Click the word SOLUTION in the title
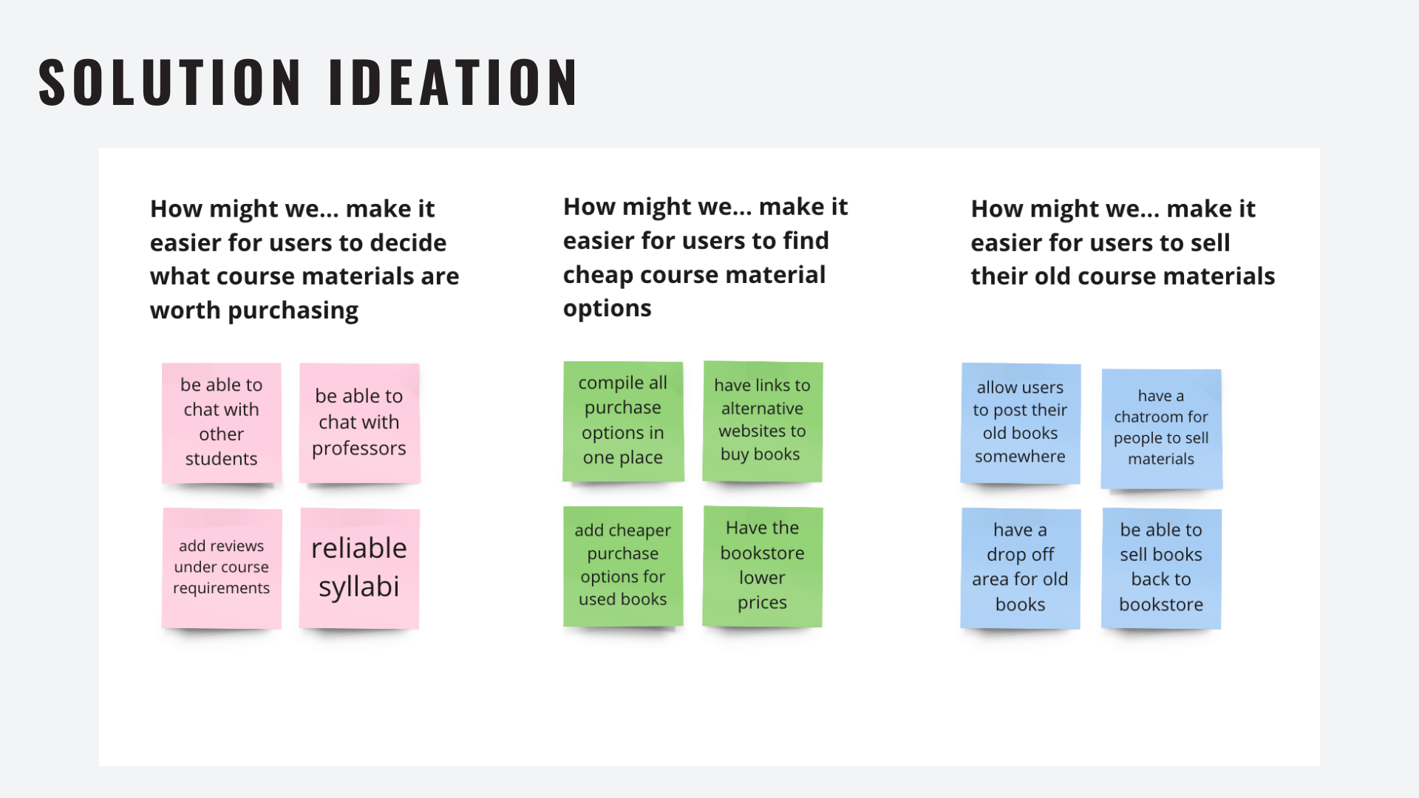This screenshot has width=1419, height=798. (170, 82)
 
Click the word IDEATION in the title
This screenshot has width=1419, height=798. (453, 82)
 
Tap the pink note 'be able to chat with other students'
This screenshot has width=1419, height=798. (222, 423)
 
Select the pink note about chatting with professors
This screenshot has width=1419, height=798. (359, 423)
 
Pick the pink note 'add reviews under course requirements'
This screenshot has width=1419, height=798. (222, 568)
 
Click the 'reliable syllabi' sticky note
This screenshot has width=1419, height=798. (359, 568)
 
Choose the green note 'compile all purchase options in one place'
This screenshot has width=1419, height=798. (623, 421)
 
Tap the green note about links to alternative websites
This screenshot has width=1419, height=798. (763, 421)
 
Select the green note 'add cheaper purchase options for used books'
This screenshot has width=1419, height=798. (623, 566)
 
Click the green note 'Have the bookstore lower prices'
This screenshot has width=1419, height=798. (763, 566)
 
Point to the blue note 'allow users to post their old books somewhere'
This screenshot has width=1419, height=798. (1021, 423)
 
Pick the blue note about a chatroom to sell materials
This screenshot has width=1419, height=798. (1161, 429)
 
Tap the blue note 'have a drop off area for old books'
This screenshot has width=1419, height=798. (1021, 568)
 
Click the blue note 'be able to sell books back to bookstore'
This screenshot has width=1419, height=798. (1161, 568)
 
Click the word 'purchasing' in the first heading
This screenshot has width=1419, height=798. (293, 311)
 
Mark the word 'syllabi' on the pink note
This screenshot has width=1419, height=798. (359, 587)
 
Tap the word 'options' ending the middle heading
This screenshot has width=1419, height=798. (608, 309)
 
